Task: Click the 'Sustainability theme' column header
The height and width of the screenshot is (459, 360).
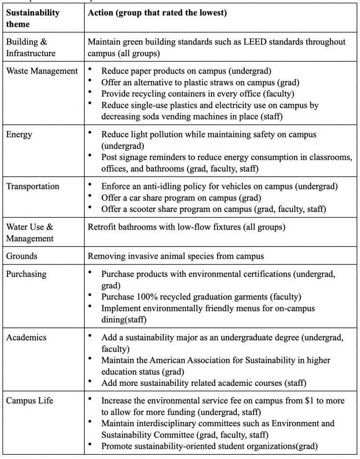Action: [33, 18]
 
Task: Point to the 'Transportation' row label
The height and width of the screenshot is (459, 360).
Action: [33, 186]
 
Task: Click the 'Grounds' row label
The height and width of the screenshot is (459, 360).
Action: [22, 256]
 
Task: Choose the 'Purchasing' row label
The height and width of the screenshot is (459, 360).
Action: [26, 274]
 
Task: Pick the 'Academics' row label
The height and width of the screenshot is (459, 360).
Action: [26, 338]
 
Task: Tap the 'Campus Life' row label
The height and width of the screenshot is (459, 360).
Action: [30, 401]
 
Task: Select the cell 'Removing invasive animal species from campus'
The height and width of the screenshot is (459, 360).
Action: [176, 256]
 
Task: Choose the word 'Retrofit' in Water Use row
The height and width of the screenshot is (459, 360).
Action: [102, 227]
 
